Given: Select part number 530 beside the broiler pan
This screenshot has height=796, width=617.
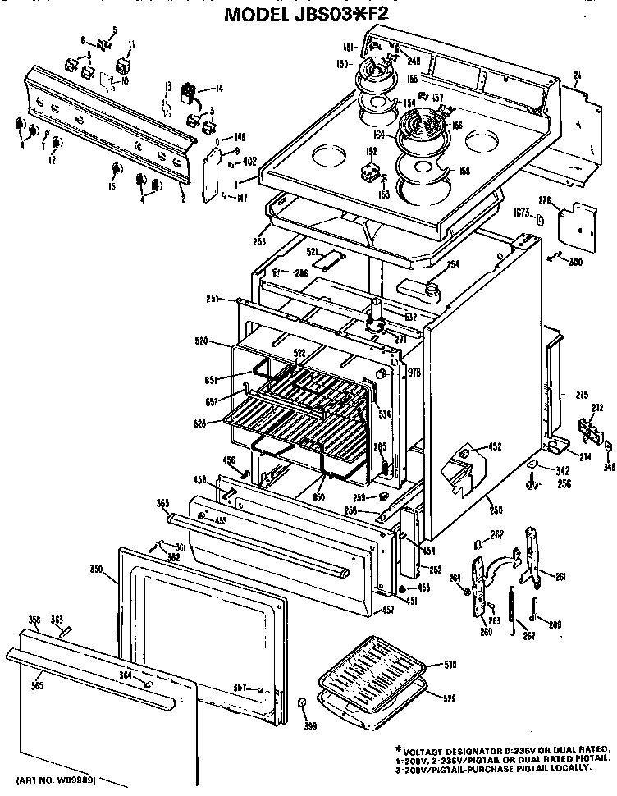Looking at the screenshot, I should (x=450, y=665).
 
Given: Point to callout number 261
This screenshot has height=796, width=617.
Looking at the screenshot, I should (x=560, y=578).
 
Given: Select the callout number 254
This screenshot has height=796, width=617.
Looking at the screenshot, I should (x=452, y=263).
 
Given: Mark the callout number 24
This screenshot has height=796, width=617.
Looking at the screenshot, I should (x=578, y=77).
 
